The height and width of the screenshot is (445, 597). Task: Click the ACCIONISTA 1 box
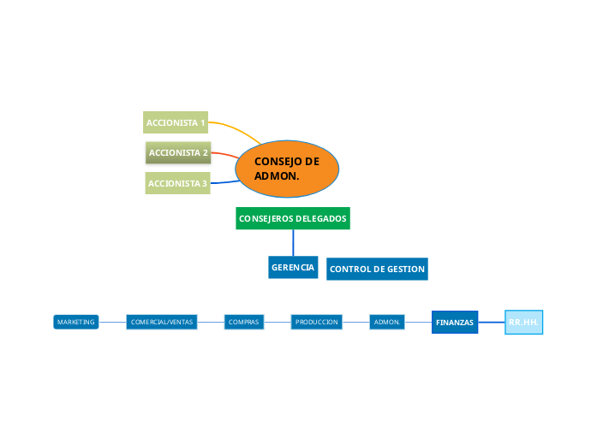176,122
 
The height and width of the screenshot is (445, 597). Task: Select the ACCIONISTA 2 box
178,153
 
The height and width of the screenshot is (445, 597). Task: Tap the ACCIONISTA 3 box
177,183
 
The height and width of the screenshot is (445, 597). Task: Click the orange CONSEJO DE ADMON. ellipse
287,168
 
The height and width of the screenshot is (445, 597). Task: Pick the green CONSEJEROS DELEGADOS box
293,218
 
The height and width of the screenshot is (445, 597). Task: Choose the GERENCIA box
293,268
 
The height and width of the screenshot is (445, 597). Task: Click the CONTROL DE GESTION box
377,269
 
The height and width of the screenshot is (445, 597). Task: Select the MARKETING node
75,322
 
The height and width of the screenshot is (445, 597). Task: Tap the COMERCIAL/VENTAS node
162,322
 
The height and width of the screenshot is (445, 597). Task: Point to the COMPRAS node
244,322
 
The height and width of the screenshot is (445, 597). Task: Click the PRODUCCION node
316,322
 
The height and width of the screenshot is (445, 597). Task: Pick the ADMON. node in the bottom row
387,322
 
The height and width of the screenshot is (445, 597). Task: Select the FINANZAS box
455,322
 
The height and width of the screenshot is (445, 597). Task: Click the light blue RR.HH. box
523,322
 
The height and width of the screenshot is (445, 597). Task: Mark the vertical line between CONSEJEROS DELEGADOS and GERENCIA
293,242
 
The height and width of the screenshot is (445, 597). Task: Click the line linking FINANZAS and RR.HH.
491,322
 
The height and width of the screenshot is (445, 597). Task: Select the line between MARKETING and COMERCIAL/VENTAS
112,322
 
